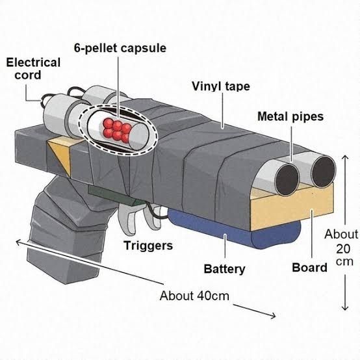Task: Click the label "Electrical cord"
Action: pos(33,69)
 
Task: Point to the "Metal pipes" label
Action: pos(290,117)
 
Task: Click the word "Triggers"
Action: pos(148,246)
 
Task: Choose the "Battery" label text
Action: pos(224,268)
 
